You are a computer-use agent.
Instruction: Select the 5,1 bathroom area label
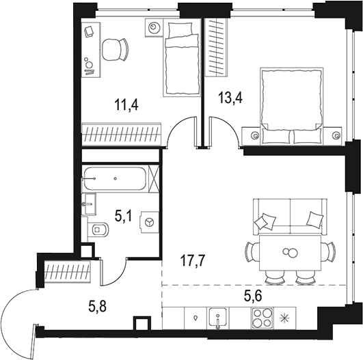click(123, 217)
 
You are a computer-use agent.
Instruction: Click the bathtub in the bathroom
click(114, 179)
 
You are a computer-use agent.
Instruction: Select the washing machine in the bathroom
click(148, 223)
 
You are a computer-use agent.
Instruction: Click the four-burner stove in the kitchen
click(261, 318)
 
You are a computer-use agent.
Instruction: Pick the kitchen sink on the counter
click(217, 318)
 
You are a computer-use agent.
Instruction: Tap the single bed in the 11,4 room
click(181, 58)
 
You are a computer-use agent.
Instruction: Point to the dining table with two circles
click(290, 253)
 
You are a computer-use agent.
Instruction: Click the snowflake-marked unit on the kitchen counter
click(286, 318)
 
